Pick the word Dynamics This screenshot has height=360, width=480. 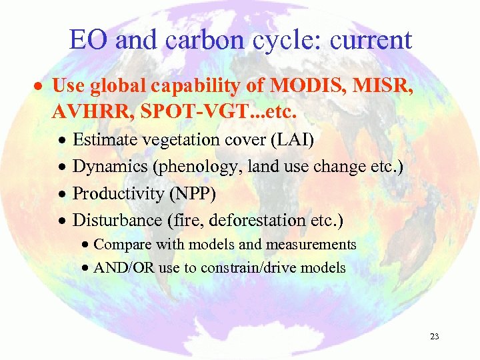109,167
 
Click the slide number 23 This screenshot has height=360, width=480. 435,337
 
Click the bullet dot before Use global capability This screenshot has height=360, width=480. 39,87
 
